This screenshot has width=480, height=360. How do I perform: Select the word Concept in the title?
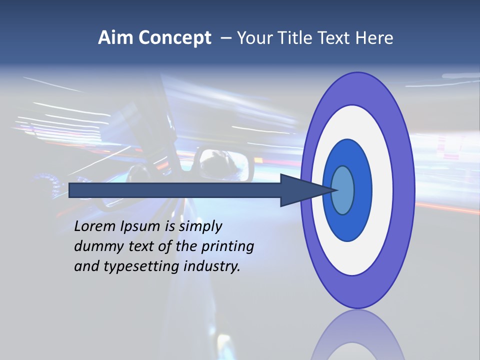pyautogui.click(x=174, y=38)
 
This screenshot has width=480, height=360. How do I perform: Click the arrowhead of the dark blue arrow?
pyautogui.click(x=305, y=190)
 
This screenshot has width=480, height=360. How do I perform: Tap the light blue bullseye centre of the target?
pyautogui.click(x=343, y=190)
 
